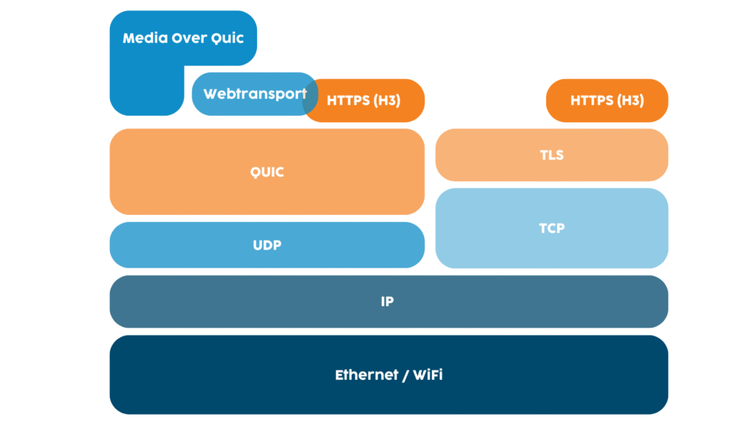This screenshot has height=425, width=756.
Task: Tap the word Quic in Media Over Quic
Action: click(x=227, y=38)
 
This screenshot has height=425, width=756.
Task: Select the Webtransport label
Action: click(x=254, y=94)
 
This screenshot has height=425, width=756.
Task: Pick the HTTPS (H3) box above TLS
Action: click(x=607, y=100)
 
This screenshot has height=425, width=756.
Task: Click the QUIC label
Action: click(x=267, y=172)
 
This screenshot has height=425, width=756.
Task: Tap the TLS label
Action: click(x=551, y=155)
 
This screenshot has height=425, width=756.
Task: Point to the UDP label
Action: click(x=267, y=245)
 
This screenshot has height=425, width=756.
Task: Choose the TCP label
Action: click(x=551, y=228)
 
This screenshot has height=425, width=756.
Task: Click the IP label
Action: click(x=388, y=302)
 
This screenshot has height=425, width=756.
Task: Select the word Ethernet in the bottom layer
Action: click(x=367, y=375)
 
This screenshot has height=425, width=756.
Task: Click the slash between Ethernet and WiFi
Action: click(x=405, y=375)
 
